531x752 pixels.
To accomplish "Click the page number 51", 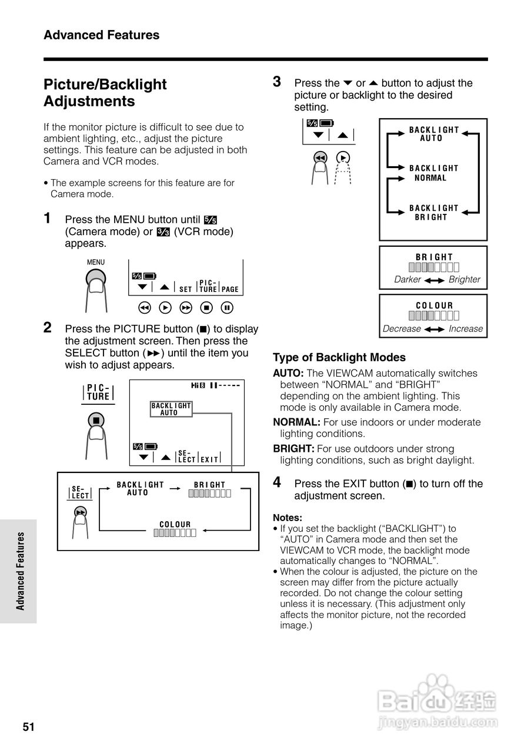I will (29, 727).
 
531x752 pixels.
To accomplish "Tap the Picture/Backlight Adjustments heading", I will (105, 93).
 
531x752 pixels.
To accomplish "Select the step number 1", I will (48, 218).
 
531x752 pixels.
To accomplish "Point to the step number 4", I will (277, 482).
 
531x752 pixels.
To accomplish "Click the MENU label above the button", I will (96, 263).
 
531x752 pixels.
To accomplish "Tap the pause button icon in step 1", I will (228, 307).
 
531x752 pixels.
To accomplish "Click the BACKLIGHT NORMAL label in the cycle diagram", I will (433, 173).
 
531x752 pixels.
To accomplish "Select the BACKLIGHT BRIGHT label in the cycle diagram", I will (433, 213).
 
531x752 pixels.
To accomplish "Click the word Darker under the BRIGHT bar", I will (408, 280).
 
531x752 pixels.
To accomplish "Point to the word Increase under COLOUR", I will (466, 329).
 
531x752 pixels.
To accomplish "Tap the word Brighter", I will (465, 280).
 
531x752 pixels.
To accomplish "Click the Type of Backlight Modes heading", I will (339, 357).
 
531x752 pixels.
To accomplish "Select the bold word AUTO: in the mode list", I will (288, 373).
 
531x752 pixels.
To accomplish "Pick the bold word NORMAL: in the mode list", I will (296, 422).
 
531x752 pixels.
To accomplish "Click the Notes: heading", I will (288, 518).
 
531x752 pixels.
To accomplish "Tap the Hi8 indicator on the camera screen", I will (198, 385).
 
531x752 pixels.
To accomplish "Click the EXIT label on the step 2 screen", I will (209, 459).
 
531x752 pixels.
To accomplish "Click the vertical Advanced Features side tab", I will (21, 570).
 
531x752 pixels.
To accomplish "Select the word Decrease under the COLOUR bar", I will (402, 329).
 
